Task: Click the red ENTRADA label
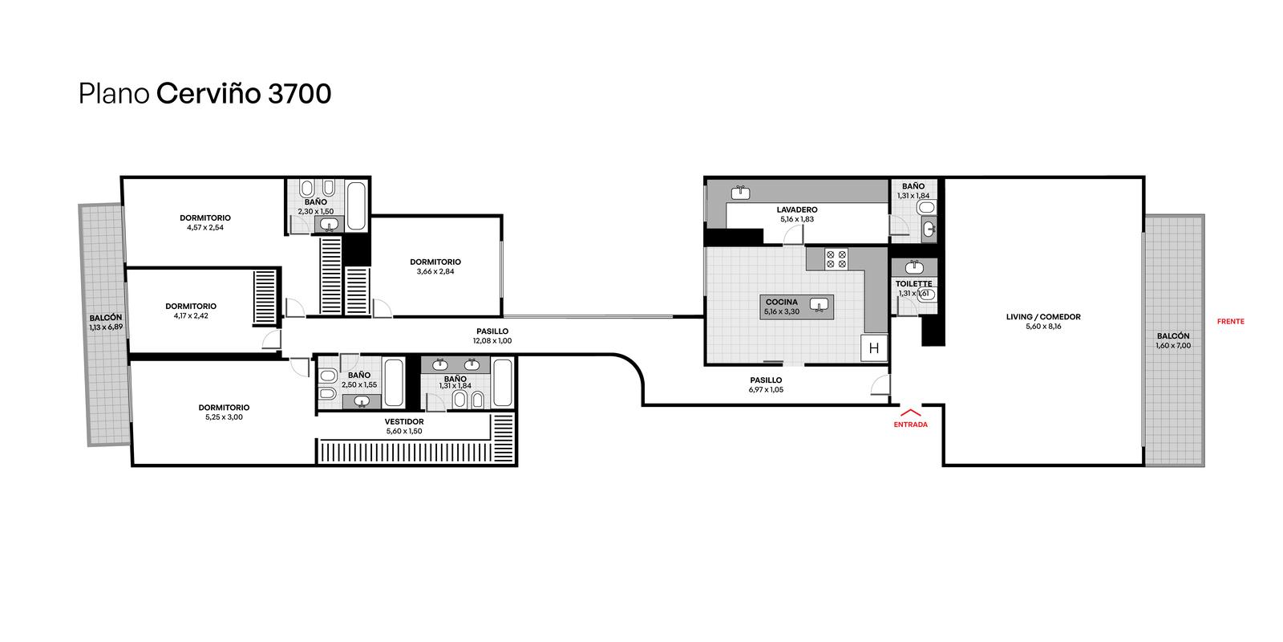click(910, 425)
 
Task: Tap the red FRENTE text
click(1230, 322)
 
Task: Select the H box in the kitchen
click(874, 348)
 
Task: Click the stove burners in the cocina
click(836, 259)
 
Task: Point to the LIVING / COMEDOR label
click(1043, 317)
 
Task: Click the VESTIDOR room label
click(404, 422)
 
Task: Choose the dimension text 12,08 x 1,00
click(492, 340)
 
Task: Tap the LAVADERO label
click(797, 209)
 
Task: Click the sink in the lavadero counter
click(741, 193)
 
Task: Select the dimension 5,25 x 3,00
click(224, 417)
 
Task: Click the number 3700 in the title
click(300, 94)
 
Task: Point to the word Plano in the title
click(114, 94)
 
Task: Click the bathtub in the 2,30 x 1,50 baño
click(357, 206)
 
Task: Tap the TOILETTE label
click(913, 284)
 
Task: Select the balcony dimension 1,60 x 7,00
click(1173, 346)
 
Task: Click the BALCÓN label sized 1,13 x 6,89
click(105, 318)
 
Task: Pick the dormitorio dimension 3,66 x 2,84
click(435, 272)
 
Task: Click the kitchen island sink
click(819, 305)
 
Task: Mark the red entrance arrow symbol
click(910, 412)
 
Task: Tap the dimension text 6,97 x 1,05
click(766, 390)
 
